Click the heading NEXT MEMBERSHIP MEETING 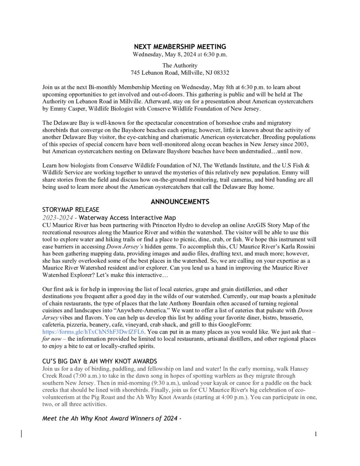[x=180, y=47]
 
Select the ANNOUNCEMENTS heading [x=180, y=202]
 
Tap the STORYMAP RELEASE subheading [x=71, y=209]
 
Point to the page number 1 [x=315, y=434]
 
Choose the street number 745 [x=135, y=73]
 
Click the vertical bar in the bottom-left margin [x=21, y=433]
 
